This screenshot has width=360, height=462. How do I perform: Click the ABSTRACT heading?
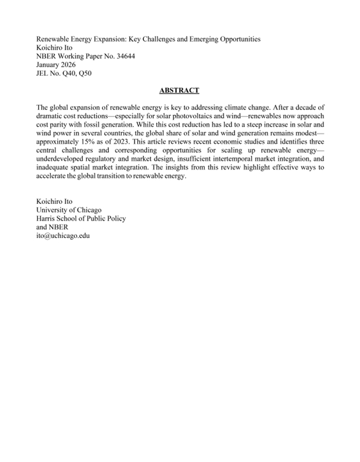[179, 90]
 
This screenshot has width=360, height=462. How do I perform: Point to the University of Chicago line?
[68, 210]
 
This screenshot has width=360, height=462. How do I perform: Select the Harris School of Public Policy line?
[81, 218]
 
